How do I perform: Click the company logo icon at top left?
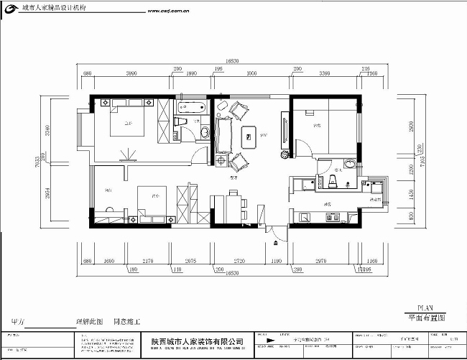pyautogui.click(x=8, y=8)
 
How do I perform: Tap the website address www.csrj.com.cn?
pyautogui.click(x=167, y=12)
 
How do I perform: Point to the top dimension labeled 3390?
pyautogui.click(x=324, y=74)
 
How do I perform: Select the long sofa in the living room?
pyautogui.click(x=223, y=133)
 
